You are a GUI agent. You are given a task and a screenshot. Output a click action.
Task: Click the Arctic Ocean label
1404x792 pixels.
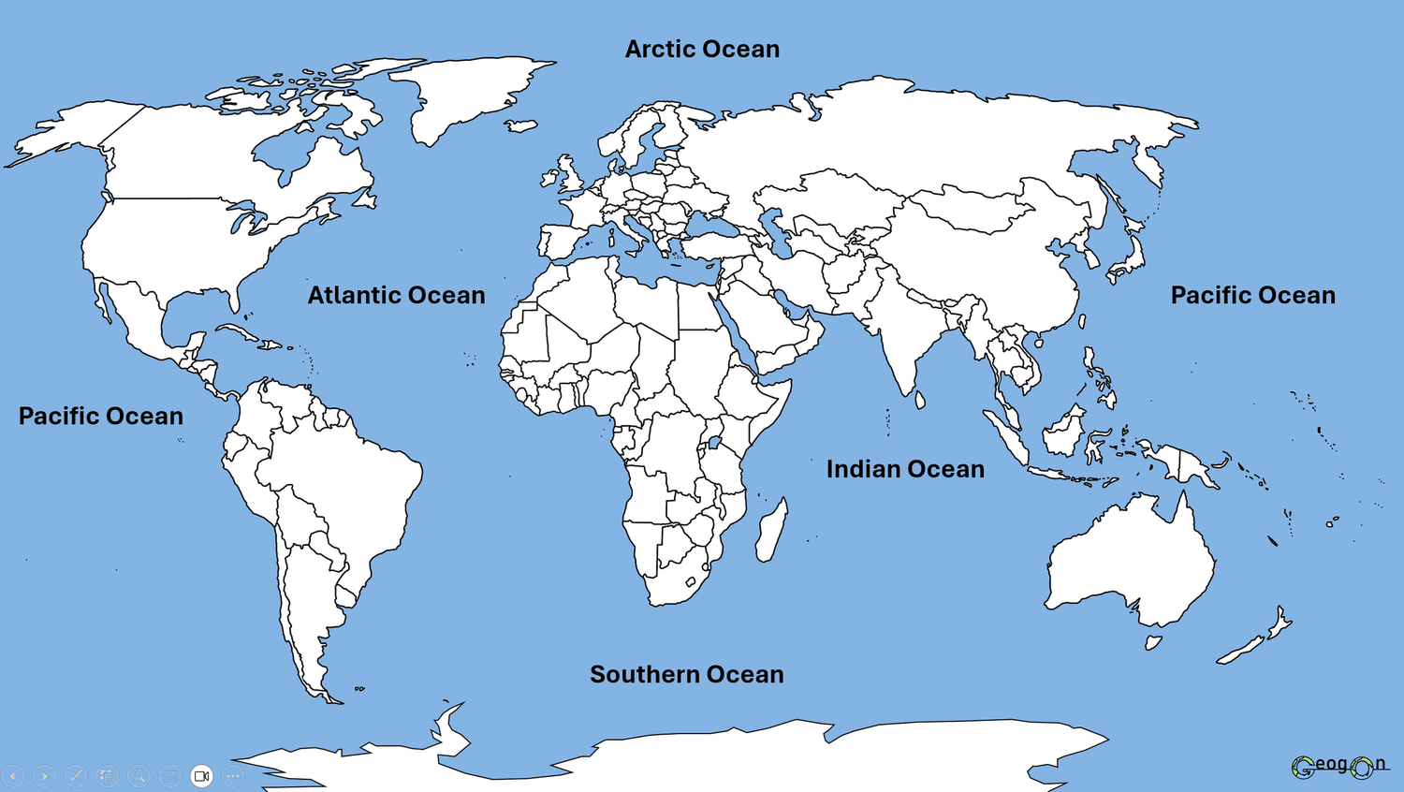pos(702,50)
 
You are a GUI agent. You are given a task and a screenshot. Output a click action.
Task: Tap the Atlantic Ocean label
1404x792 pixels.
pos(396,296)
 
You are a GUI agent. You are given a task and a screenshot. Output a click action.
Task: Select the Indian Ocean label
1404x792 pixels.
pos(905,469)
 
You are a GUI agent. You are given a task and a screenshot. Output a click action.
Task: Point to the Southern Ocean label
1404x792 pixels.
pos(686,675)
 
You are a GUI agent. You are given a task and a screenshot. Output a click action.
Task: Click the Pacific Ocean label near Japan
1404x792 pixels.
pos(1252,296)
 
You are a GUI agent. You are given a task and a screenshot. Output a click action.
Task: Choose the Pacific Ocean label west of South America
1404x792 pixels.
pos(101,417)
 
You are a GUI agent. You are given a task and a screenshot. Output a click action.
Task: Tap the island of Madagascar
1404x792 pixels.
pos(771,530)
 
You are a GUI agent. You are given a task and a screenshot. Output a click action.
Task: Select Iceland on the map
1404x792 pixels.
pos(521,125)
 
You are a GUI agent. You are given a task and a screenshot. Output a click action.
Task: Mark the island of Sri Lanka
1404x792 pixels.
pos(919,400)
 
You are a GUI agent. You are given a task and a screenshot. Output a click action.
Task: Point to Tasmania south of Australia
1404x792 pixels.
pos(1153,642)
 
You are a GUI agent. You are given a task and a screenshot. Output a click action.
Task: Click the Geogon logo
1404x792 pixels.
pos(1339,766)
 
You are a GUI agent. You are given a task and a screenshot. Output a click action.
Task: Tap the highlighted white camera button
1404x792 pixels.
pos(201,776)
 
